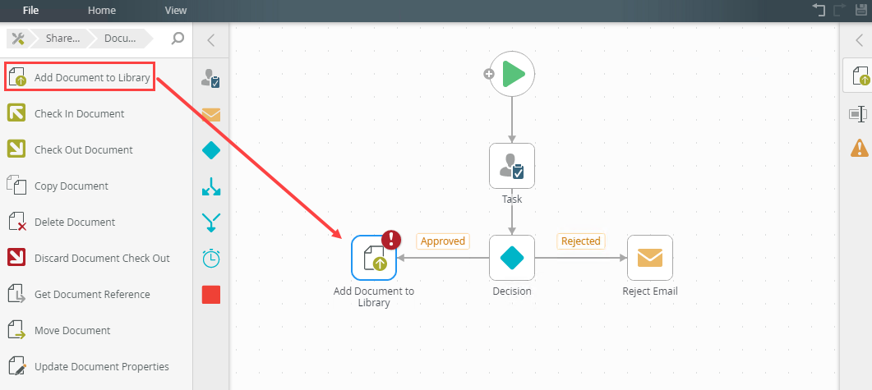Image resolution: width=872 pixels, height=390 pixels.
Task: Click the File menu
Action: (31, 11)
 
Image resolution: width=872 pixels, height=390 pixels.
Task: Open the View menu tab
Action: (175, 11)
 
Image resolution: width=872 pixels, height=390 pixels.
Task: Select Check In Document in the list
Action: (79, 114)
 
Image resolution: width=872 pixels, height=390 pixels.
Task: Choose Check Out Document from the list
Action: (83, 150)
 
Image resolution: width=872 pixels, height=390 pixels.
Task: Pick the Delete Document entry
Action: (74, 223)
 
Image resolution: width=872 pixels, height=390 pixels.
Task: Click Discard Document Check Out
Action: (102, 259)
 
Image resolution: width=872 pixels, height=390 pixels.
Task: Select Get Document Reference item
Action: (92, 295)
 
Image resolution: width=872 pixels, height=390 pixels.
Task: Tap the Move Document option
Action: (72, 331)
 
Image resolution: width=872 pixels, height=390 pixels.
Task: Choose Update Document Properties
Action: (101, 367)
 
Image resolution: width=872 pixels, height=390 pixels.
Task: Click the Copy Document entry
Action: (71, 186)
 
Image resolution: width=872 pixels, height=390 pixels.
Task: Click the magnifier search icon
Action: (178, 38)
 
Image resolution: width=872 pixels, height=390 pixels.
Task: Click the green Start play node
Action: (513, 74)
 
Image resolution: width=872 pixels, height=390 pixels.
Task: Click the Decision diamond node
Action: (512, 258)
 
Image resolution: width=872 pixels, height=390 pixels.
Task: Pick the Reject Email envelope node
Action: (650, 258)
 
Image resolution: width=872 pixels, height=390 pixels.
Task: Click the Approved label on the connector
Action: (442, 241)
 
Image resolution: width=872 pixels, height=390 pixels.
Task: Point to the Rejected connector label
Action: (580, 241)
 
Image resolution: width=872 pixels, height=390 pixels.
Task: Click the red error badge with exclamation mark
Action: (393, 239)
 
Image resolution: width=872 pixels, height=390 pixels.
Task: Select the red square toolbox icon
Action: (211, 295)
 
